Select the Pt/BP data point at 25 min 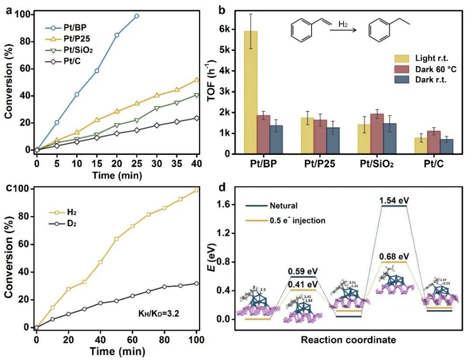pos(137,16)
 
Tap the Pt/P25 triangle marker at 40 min pos(197,80)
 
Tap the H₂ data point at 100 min pos(197,190)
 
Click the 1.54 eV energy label pos(394,200)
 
